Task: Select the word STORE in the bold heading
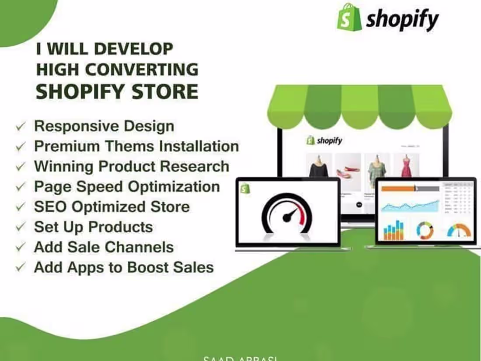171,92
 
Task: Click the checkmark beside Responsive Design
20,127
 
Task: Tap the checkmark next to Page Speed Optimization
20,187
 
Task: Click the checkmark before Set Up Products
20,228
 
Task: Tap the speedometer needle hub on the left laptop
288,216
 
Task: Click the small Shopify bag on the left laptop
244,188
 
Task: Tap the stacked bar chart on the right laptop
394,230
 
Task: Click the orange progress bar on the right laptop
398,189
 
